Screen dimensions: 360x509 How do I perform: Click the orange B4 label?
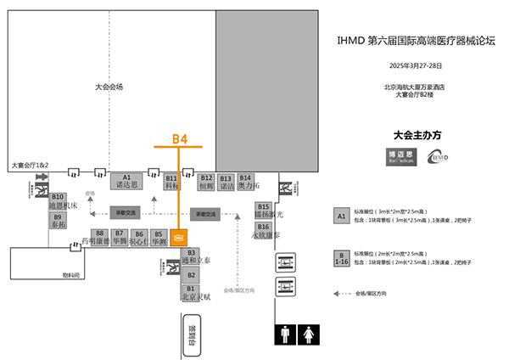tap(179, 138)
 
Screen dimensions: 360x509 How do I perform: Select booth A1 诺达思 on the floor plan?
tap(126, 181)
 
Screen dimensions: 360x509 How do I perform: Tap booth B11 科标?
tap(171, 181)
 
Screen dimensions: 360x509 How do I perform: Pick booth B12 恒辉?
tap(206, 181)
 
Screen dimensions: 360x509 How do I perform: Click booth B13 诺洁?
tap(226, 181)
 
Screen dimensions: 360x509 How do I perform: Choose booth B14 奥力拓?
tap(246, 181)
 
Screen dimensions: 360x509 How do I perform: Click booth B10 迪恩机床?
tap(58, 201)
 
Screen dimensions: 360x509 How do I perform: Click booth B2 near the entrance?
tap(191, 275)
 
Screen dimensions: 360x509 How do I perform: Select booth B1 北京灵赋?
tap(191, 293)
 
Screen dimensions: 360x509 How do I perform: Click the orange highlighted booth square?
tap(179, 238)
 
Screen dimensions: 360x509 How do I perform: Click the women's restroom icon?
tap(308, 336)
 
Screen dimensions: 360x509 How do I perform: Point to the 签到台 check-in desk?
tap(191, 337)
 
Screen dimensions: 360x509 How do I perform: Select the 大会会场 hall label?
tap(109, 87)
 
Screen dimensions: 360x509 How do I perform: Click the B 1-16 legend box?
tap(342, 258)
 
